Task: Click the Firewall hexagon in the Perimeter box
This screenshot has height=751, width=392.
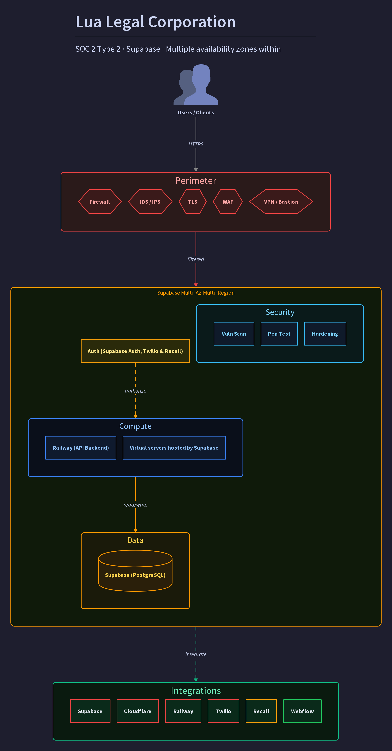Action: tap(100, 202)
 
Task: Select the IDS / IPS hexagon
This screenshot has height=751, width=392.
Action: tap(150, 202)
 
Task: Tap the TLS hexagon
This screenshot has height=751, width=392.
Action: tap(193, 202)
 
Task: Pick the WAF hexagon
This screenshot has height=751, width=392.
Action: tap(228, 202)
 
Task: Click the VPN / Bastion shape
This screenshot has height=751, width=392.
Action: tap(281, 202)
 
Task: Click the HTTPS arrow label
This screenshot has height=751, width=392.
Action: tap(196, 144)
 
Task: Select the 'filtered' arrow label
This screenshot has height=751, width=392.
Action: tap(196, 259)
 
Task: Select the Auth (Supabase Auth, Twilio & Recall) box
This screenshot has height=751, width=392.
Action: tap(135, 351)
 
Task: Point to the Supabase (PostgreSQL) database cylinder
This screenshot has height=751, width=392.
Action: tap(135, 571)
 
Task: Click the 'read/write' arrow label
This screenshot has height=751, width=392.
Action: tap(136, 505)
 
